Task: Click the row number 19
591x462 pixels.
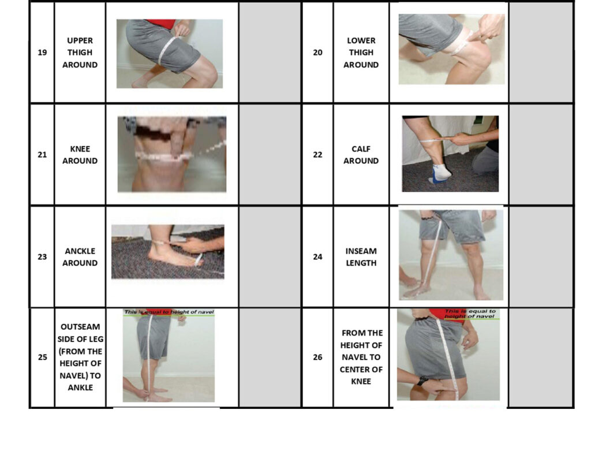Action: coord(42,53)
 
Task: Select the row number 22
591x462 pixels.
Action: coord(317,155)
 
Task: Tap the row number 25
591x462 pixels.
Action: coord(42,357)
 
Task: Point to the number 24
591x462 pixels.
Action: coord(317,257)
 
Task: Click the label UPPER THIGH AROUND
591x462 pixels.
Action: coord(80,53)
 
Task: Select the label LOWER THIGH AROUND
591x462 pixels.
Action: coord(361,53)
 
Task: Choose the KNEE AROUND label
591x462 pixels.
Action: coord(80,155)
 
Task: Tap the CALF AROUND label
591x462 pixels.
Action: coord(361,155)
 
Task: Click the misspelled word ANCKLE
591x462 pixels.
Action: coord(80,251)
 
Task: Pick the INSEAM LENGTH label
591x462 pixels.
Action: coord(361,257)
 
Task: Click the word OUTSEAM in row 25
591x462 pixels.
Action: coord(80,327)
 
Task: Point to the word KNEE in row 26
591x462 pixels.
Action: coord(361,381)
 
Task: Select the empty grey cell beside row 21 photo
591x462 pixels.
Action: coord(270,155)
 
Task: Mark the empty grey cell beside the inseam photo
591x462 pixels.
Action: coord(541,257)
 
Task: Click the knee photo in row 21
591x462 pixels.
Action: coord(172,154)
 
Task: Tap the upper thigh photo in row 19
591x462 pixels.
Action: coord(170,54)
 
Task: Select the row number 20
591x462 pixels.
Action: coord(317,53)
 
